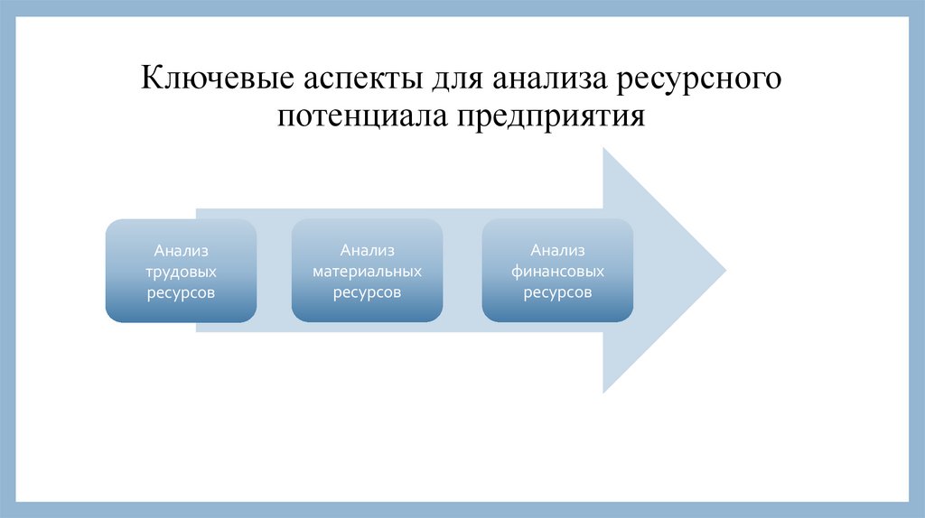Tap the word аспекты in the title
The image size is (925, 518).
pyautogui.click(x=354, y=79)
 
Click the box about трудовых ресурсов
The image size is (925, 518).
pyautogui.click(x=181, y=271)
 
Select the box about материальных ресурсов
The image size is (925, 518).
pyautogui.click(x=367, y=271)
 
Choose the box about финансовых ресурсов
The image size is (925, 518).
pyautogui.click(x=557, y=271)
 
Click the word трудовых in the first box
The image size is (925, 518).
pyautogui.click(x=181, y=271)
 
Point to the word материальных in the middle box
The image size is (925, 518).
pyautogui.click(x=367, y=271)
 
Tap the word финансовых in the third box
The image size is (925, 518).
pyautogui.click(x=557, y=271)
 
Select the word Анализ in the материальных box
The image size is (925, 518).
pyautogui.click(x=367, y=250)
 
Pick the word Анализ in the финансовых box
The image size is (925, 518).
pyautogui.click(x=557, y=250)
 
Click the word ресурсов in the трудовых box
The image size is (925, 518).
pyautogui.click(x=181, y=292)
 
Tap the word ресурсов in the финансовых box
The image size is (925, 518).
pyautogui.click(x=557, y=292)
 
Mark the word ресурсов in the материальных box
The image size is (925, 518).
pyautogui.click(x=367, y=292)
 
